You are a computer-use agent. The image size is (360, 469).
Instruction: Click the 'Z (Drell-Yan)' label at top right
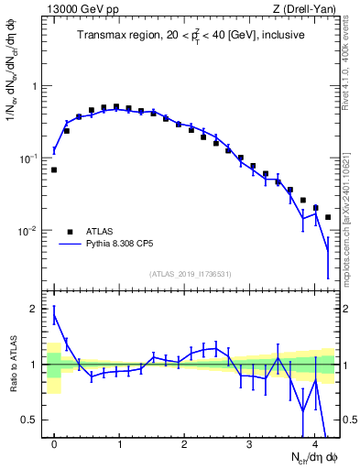point(309,10)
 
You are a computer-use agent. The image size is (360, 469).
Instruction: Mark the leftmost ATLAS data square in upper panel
point(54,169)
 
